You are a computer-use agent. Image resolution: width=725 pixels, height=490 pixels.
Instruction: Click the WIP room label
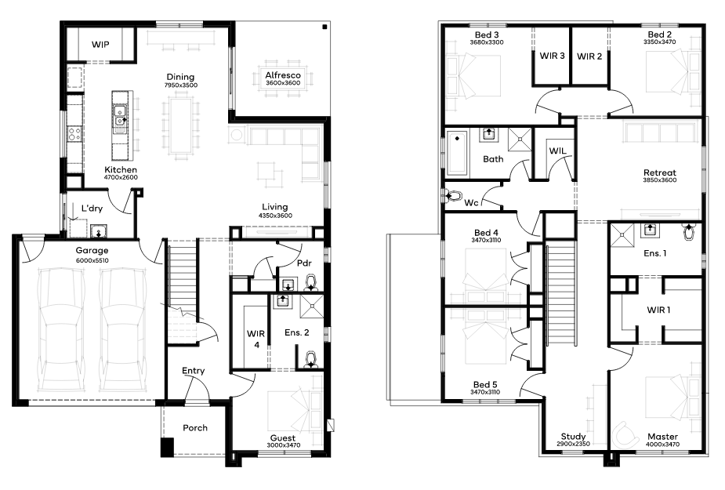coord(100,45)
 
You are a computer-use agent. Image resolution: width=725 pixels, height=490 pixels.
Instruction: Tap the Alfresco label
coord(283,75)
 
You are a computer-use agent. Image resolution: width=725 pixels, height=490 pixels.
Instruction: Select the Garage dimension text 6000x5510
coord(92,260)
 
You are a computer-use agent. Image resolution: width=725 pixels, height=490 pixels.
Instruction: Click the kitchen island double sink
coord(120,116)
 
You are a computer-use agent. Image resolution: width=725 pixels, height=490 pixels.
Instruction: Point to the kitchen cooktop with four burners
coord(74,134)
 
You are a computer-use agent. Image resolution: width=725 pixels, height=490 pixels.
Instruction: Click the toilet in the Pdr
coord(312,283)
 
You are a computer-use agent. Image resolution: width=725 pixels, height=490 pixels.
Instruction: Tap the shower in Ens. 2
coord(312,307)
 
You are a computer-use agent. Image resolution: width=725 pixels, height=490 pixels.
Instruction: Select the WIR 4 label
coord(256,339)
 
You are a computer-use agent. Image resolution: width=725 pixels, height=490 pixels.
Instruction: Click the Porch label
coord(195,428)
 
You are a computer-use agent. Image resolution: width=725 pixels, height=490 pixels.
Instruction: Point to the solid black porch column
coord(167,447)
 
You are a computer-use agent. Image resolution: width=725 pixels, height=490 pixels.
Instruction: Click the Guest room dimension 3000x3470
coord(284,445)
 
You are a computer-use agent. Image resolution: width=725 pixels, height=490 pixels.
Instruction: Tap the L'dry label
coord(92,209)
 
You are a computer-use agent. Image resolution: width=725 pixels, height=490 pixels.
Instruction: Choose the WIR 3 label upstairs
coord(552,56)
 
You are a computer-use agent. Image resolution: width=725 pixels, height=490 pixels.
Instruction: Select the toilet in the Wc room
coord(453,196)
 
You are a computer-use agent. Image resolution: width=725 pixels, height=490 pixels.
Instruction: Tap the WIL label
coord(557,151)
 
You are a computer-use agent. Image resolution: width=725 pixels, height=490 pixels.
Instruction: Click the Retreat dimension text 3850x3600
coord(660,180)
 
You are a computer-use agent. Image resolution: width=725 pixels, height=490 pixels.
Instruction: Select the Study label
coord(574,437)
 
